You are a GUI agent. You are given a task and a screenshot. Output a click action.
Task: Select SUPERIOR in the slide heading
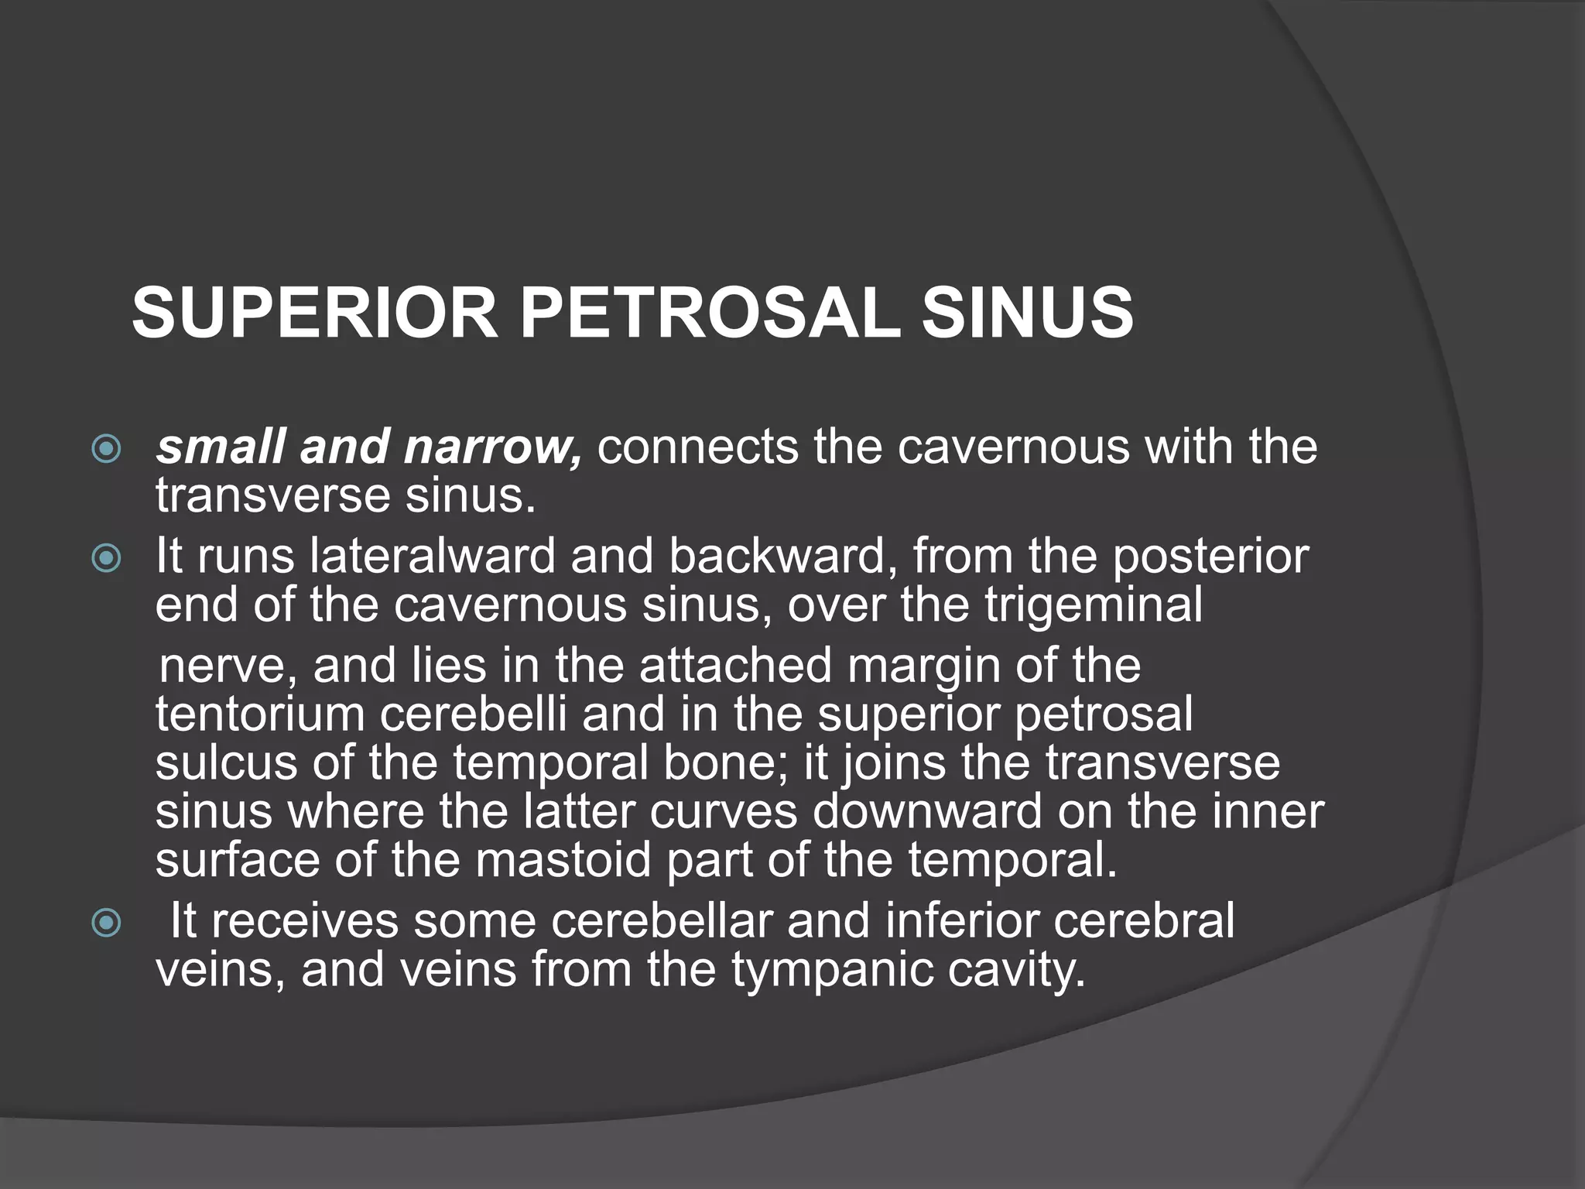point(314,313)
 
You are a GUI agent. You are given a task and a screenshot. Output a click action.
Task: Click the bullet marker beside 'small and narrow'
point(106,449)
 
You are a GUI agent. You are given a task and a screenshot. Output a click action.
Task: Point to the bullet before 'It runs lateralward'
point(106,559)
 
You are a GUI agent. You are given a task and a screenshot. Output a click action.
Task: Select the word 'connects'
point(697,447)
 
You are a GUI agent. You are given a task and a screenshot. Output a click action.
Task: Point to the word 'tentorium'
point(260,714)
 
